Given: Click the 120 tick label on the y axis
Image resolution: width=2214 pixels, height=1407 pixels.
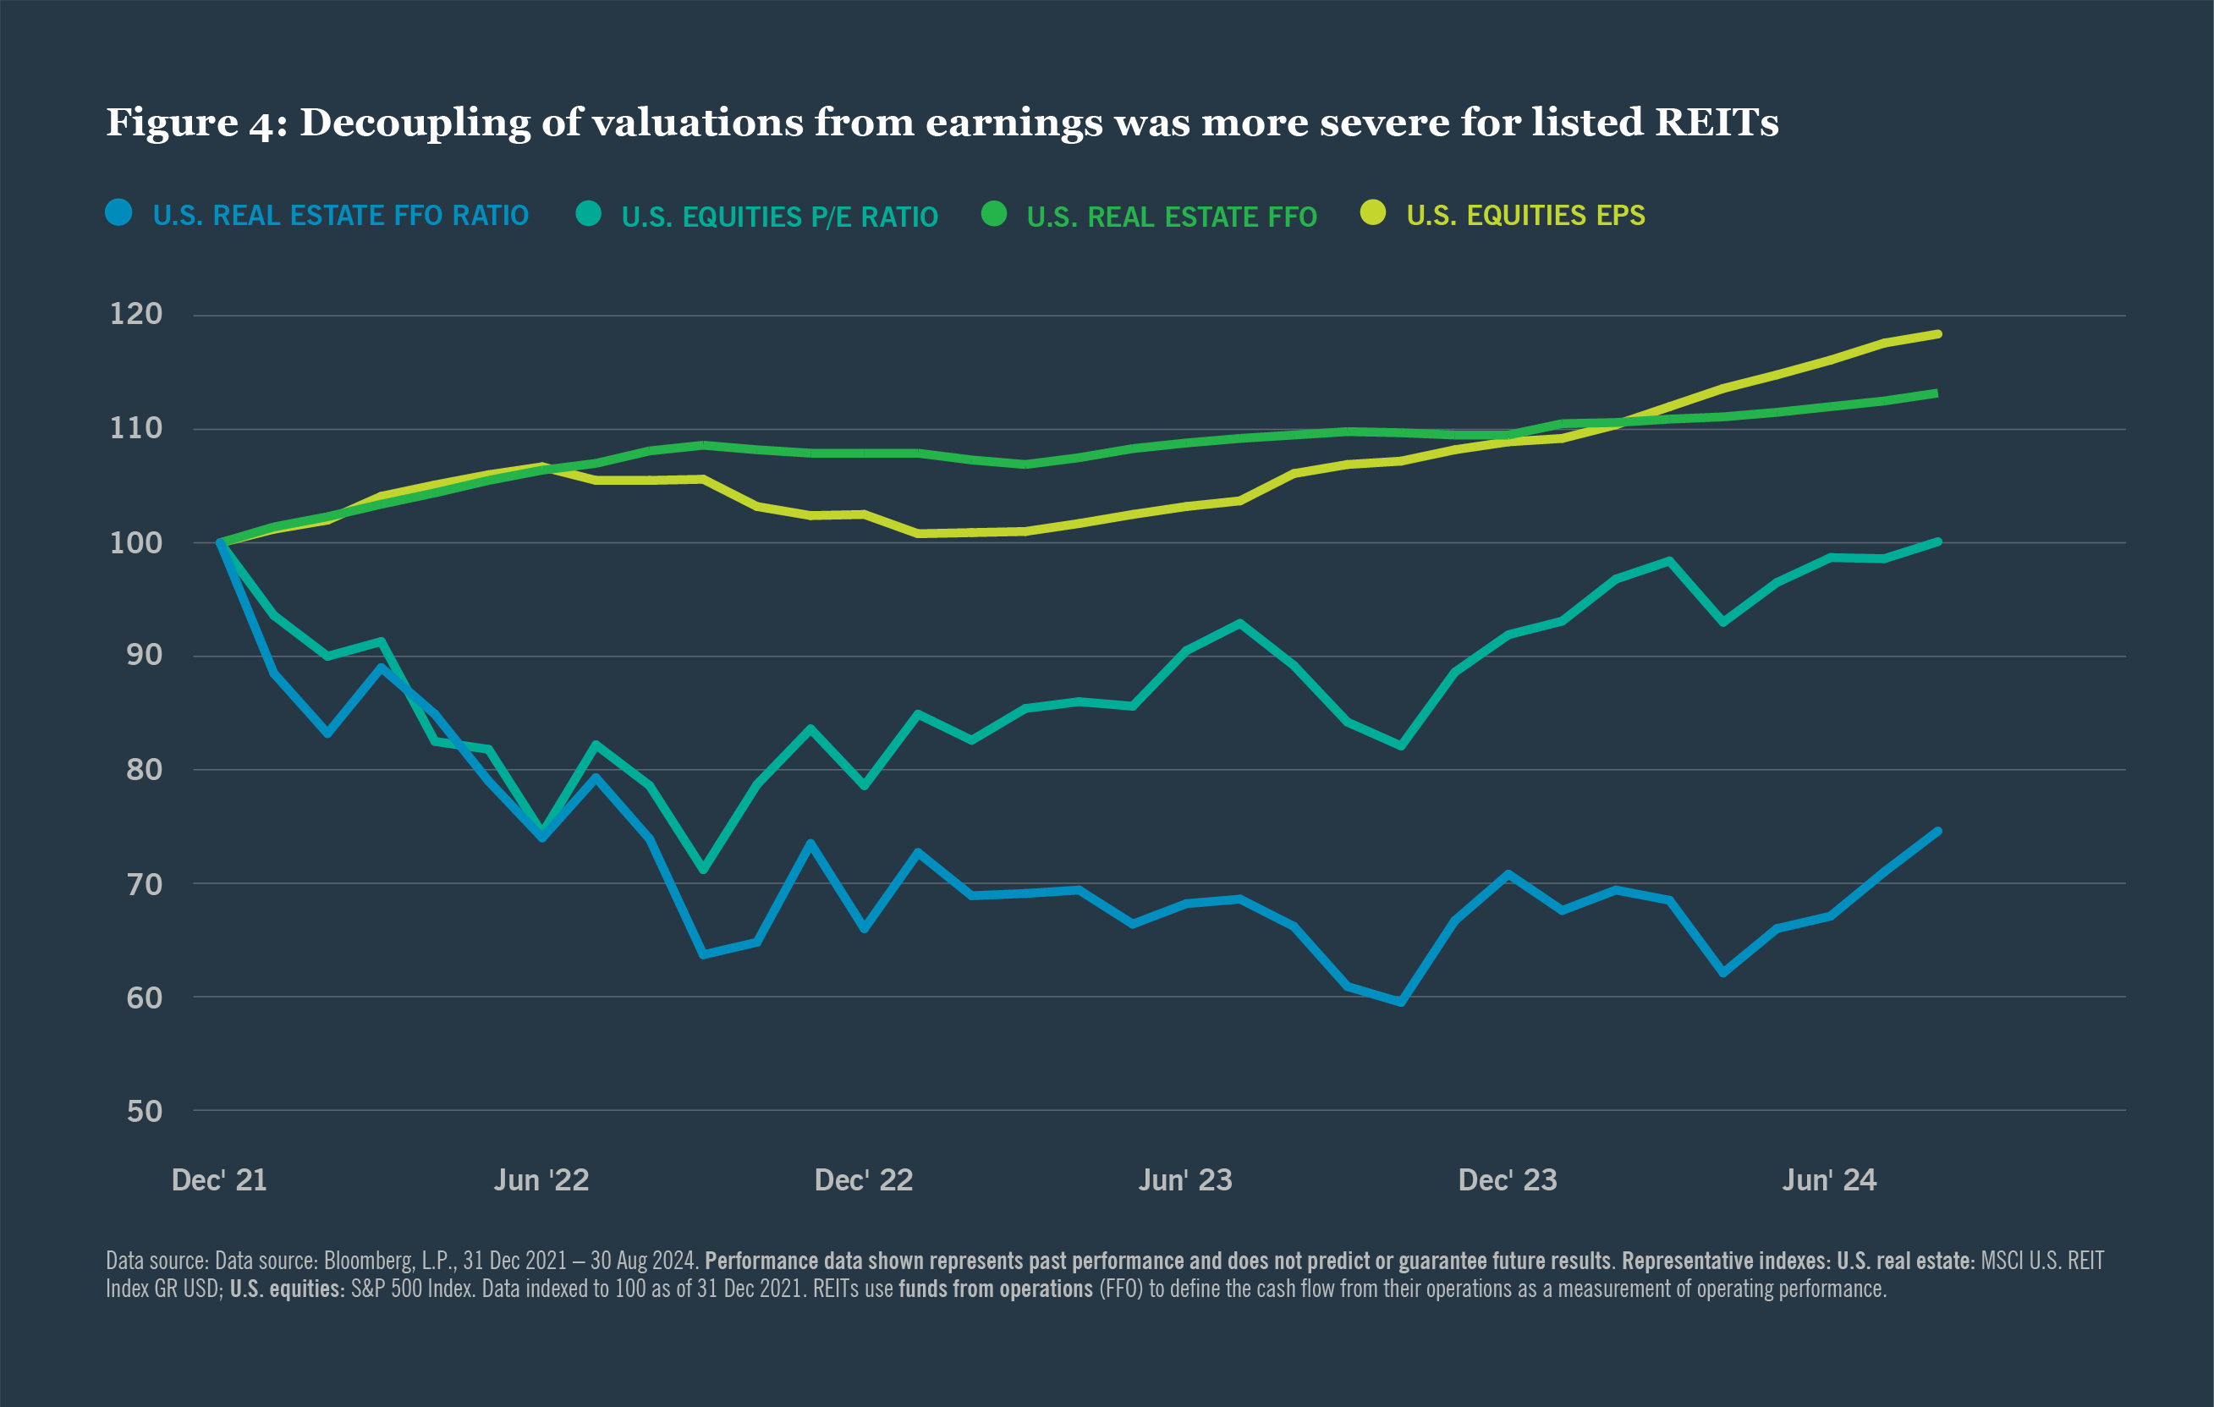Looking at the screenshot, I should click(135, 315).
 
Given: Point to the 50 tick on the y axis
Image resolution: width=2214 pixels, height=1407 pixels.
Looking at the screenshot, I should click(144, 1111).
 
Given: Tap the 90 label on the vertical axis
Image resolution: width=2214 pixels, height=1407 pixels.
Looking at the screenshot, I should click(144, 656).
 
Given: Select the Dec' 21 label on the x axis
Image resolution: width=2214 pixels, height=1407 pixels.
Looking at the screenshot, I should click(219, 1180).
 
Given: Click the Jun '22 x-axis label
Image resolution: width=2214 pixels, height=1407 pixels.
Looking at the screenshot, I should click(541, 1180).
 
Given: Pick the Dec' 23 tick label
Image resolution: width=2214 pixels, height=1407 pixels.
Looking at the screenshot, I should click(1507, 1180).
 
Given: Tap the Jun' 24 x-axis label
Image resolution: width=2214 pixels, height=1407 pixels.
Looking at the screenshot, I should click(1829, 1180).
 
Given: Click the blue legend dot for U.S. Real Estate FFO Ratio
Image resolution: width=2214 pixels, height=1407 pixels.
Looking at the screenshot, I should click(118, 212).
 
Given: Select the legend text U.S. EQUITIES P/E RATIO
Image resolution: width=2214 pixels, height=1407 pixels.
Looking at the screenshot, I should click(779, 217).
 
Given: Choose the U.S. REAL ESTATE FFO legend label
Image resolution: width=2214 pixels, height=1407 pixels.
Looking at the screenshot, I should click(1172, 217).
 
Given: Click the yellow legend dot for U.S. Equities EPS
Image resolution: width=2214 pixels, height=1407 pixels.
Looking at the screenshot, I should click(1373, 212).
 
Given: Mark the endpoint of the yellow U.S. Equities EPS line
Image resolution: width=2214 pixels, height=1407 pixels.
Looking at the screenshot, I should click(1937, 334).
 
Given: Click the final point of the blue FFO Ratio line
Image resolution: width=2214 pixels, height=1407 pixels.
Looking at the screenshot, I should click(1937, 832).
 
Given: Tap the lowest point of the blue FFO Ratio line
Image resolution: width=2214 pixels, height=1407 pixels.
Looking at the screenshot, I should click(1401, 1003).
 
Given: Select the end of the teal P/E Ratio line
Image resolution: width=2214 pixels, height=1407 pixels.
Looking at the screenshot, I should click(1937, 541).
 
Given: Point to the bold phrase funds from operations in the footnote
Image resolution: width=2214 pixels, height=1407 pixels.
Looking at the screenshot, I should click(995, 1289).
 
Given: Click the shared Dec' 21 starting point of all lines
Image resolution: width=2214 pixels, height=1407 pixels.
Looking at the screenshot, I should click(221, 542).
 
